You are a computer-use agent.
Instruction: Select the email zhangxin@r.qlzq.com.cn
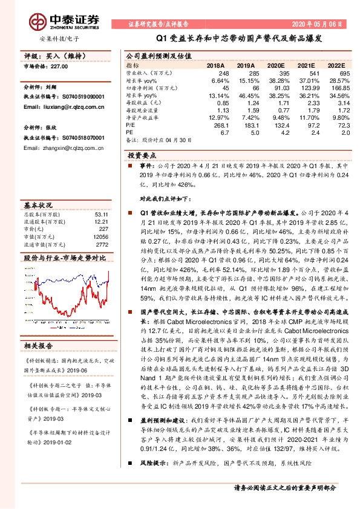(x=54, y=147)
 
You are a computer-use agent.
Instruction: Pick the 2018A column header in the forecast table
(x=215, y=65)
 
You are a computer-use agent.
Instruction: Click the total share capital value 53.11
(x=100, y=213)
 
